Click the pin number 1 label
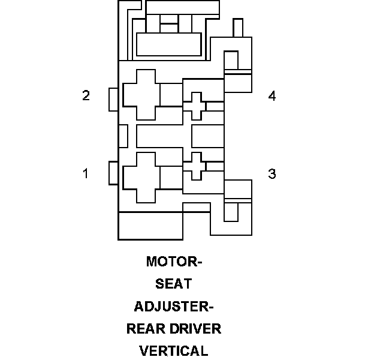click(86, 173)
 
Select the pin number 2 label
click(86, 95)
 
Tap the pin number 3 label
click(272, 173)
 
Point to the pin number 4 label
click(272, 96)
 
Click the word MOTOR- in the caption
click(174, 262)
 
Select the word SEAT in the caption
click(174, 284)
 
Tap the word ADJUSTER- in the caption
click(174, 307)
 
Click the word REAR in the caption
click(147, 329)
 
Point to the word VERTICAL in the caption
click(174, 351)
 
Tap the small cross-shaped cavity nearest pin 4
click(194, 106)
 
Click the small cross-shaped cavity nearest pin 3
click(194, 166)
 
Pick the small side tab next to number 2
click(113, 100)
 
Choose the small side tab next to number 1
click(113, 173)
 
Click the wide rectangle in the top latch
click(168, 44)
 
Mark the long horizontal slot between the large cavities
click(163, 136)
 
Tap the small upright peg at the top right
click(237, 28)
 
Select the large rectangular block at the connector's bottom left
click(150, 226)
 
